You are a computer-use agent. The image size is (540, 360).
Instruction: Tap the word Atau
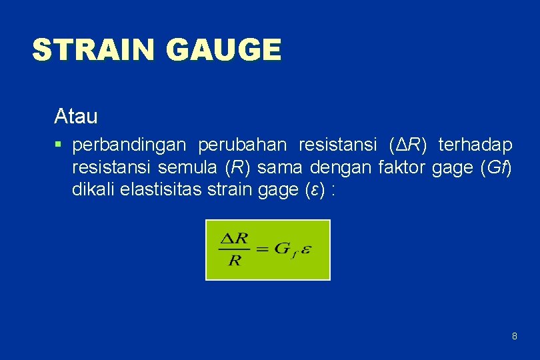coord(76,117)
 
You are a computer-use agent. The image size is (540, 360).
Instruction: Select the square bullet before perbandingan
coord(59,144)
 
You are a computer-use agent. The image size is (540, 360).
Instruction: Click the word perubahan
coord(243,144)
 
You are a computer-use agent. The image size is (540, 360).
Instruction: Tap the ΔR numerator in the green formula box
coord(234,238)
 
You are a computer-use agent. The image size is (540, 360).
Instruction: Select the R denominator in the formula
coord(235,259)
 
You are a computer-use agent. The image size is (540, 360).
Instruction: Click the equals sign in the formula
coord(261,249)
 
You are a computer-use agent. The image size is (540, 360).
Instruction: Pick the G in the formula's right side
coord(281,249)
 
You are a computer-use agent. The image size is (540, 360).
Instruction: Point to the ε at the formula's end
coord(305,249)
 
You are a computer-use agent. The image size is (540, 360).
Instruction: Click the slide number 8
coord(514,336)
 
